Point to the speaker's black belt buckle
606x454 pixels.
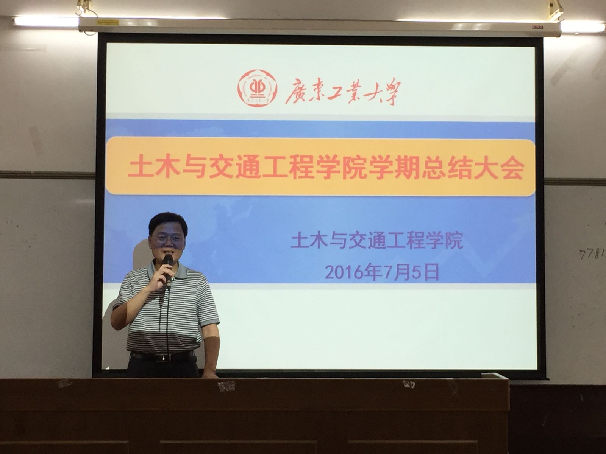click(161, 358)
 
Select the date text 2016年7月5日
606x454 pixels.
click(382, 272)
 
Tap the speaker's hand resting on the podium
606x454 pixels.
click(210, 375)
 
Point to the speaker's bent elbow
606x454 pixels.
click(117, 322)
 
